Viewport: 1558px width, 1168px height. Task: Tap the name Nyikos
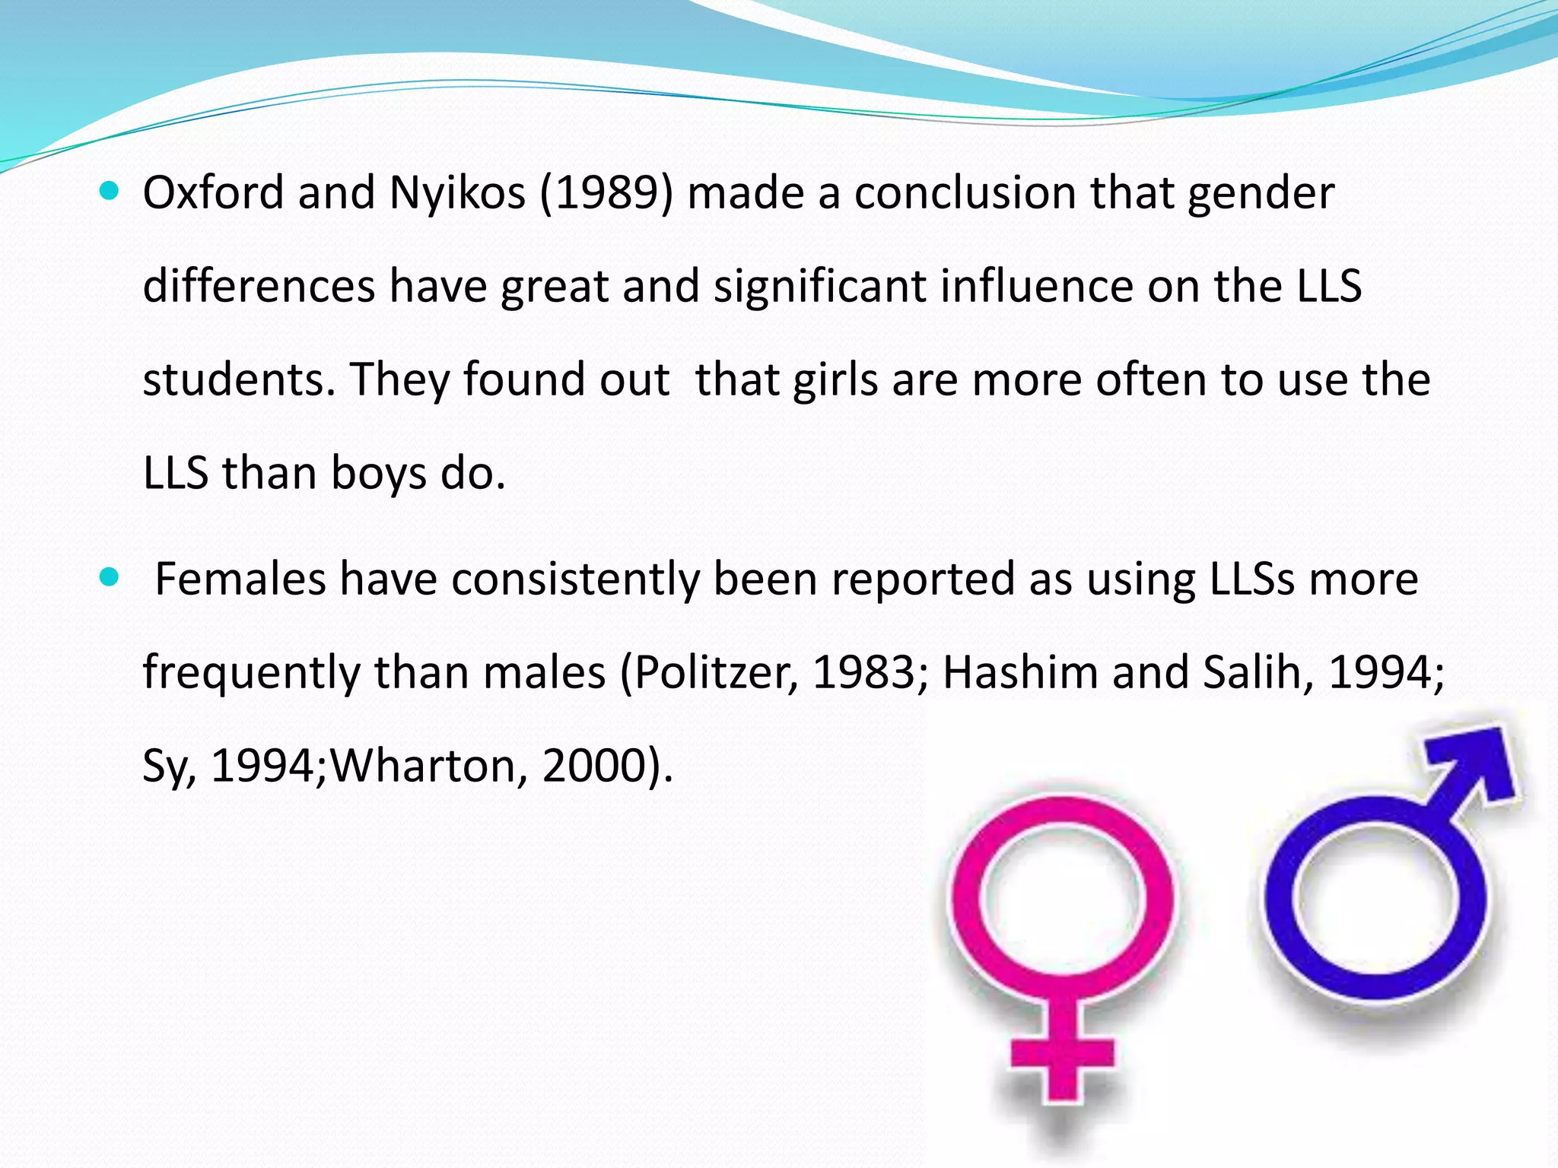pyautogui.click(x=457, y=193)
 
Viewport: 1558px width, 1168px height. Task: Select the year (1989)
pyautogui.click(x=606, y=193)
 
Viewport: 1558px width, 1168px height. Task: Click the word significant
pyautogui.click(x=819, y=287)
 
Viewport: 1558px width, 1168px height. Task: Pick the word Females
pyautogui.click(x=240, y=579)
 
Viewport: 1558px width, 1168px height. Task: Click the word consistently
pyautogui.click(x=575, y=579)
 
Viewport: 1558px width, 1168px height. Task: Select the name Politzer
pyautogui.click(x=716, y=673)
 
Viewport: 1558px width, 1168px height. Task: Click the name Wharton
pyautogui.click(x=429, y=766)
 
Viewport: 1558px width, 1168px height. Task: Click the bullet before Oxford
pyautogui.click(x=110, y=192)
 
